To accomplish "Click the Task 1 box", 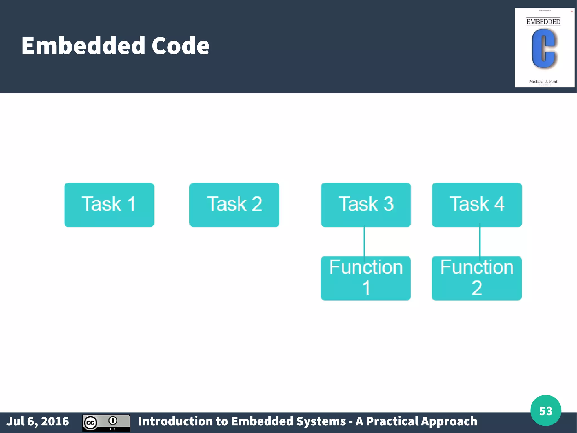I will click(109, 205).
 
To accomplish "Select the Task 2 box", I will click(234, 205).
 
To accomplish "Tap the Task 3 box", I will click(366, 205).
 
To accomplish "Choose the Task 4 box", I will click(477, 205).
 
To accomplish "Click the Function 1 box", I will click(366, 278).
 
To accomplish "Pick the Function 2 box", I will click(477, 278).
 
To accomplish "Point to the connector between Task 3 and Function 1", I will click(364, 241).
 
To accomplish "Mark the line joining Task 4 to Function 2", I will click(480, 241).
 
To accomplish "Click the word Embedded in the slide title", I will click(83, 46).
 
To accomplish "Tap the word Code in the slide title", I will click(181, 46).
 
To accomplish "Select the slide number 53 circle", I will click(545, 410).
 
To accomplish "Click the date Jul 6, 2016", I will click(38, 421).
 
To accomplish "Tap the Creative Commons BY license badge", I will click(106, 423).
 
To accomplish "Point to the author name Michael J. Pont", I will click(543, 82).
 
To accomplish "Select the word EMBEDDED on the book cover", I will click(543, 22).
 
